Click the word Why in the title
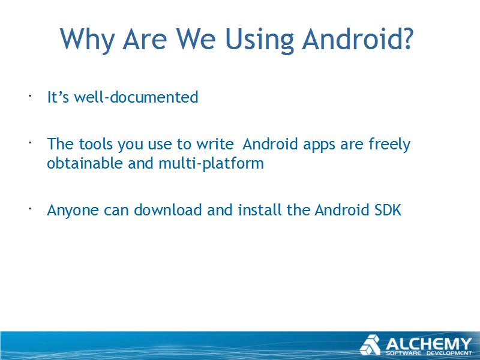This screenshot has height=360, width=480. (87, 40)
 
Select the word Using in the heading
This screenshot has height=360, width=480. (259, 40)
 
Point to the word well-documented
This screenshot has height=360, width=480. (136, 97)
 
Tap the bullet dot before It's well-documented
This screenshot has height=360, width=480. (30, 96)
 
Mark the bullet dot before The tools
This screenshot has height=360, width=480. (30, 143)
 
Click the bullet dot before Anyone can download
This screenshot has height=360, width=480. (30, 209)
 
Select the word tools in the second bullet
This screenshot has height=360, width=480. (95, 144)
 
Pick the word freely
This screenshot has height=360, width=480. (389, 145)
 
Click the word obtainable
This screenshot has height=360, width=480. (85, 163)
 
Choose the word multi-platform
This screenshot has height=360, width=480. (211, 163)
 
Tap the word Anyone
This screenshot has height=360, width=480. (73, 211)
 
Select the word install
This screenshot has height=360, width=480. (259, 210)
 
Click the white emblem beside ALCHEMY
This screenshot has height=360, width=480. (370, 344)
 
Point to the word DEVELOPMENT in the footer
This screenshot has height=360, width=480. (449, 353)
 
